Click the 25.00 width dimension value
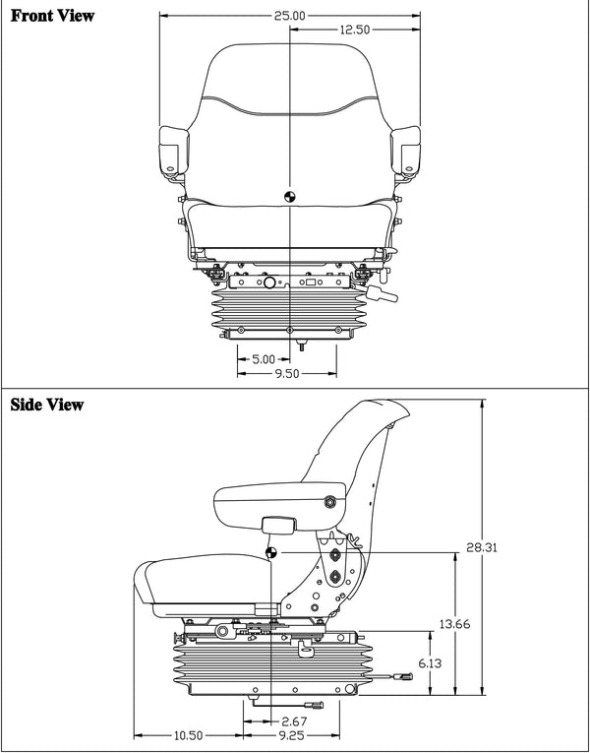292,16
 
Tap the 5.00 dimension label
264,359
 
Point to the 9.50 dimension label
287,374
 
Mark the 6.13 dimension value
430,664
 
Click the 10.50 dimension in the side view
188,735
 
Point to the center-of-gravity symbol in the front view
289,195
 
